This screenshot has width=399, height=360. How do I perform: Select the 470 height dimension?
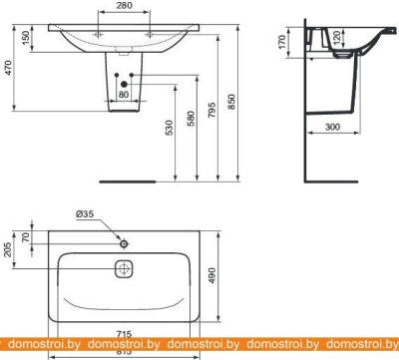pyautogui.click(x=8, y=71)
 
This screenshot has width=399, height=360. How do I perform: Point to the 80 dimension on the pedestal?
pyautogui.click(x=124, y=97)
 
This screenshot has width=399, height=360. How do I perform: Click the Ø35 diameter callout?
pyautogui.click(x=86, y=213)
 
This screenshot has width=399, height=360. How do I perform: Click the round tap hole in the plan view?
pyautogui.click(x=124, y=243)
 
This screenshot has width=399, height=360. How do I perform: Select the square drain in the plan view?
pyautogui.click(x=124, y=269)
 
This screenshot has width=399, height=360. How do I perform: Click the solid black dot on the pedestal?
pyautogui.click(x=124, y=84)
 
